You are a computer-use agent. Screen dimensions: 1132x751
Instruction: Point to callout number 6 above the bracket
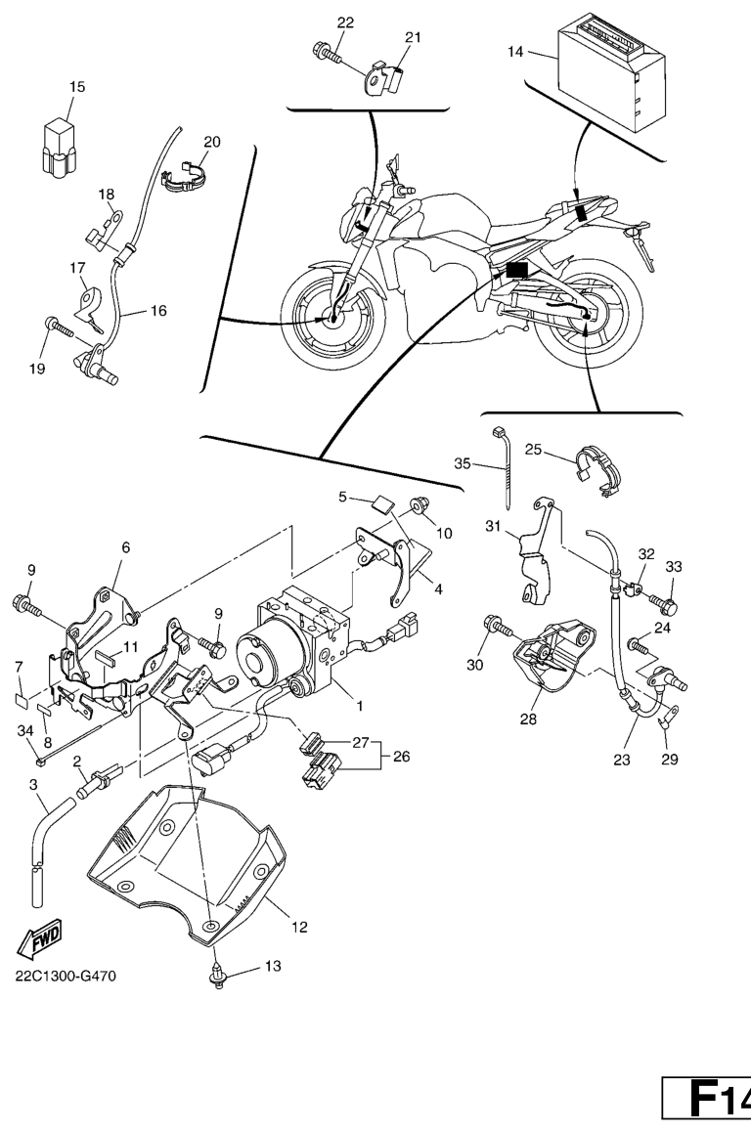(x=125, y=550)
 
